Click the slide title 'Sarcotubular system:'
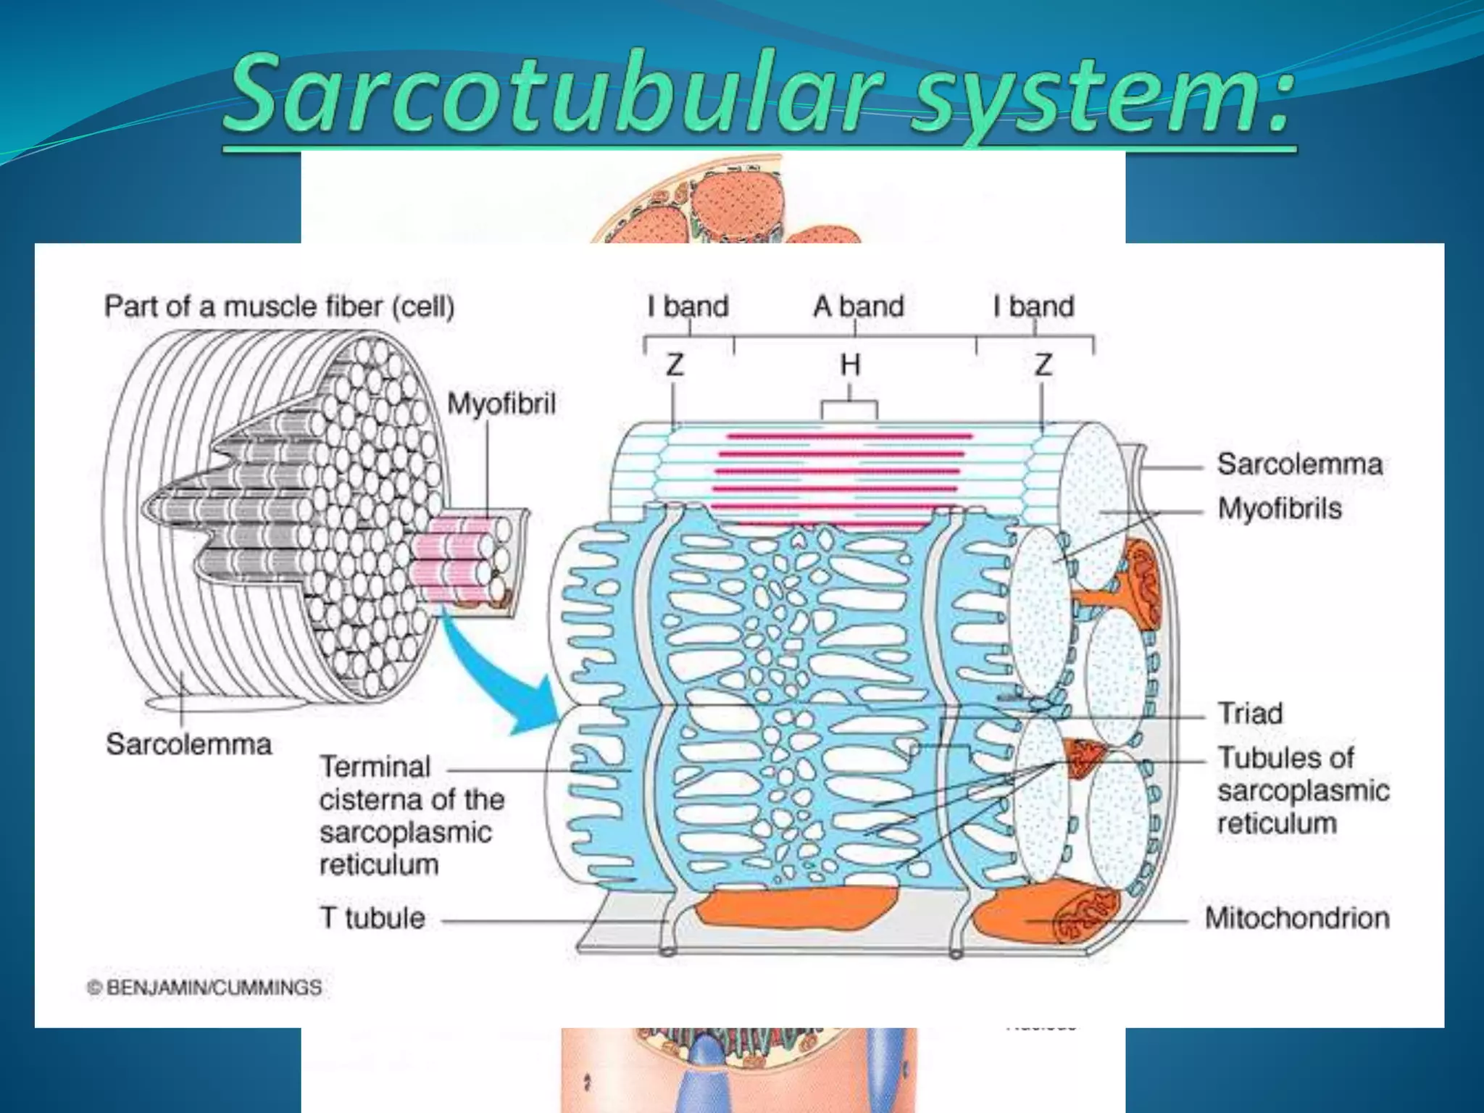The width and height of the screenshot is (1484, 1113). [x=758, y=94]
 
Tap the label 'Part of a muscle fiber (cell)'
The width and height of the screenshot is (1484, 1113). [x=279, y=307]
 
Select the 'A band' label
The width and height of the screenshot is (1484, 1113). [x=859, y=307]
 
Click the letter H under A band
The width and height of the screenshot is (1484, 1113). [x=850, y=364]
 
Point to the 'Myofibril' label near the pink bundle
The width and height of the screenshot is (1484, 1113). [x=501, y=404]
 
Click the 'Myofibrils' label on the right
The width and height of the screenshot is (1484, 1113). [x=1280, y=509]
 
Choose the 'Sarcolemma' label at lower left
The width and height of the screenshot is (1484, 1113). [x=188, y=744]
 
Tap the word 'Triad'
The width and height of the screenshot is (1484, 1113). [x=1250, y=713]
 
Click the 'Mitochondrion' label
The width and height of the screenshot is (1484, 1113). [x=1297, y=918]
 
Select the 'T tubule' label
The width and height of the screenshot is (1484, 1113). [x=372, y=918]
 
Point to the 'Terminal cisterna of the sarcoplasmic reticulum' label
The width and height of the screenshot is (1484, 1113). [x=412, y=815]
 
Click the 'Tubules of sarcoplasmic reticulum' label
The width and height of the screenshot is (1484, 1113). [x=1303, y=791]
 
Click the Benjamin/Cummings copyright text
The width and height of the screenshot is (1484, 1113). [x=205, y=987]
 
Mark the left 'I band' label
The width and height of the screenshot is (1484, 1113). [x=688, y=307]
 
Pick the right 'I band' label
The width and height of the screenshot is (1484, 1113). [x=1033, y=307]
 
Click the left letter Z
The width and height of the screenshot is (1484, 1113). [x=675, y=364]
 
